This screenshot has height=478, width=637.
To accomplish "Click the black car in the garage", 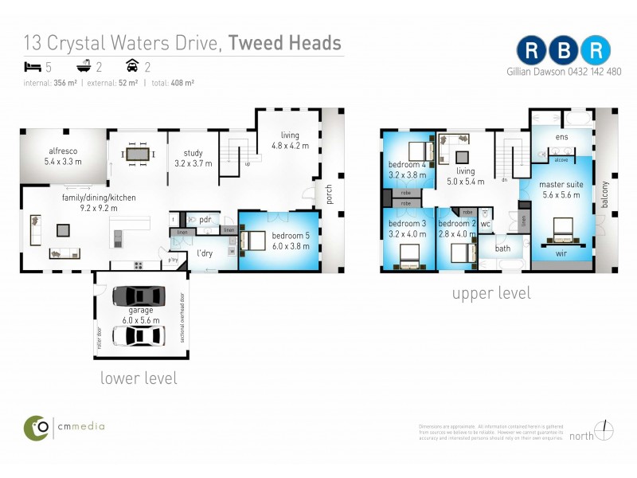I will [139, 296].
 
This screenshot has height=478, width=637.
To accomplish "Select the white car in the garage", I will [139, 336].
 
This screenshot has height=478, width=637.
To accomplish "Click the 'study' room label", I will [193, 155].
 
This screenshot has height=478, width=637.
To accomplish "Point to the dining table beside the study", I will [138, 152].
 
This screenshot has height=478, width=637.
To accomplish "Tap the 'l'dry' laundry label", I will [205, 254].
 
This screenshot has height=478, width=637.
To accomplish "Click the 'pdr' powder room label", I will [205, 219].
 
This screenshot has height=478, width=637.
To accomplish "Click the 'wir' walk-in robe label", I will [561, 254].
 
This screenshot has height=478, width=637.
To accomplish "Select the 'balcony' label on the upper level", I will [604, 194].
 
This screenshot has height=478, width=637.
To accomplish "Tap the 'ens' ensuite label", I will [561, 138].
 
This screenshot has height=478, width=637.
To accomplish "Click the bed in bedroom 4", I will [416, 150].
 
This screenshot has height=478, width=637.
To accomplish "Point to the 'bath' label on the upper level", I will [502, 249].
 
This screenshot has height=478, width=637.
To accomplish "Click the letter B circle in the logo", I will [565, 50].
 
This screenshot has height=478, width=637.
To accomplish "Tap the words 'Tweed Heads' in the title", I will [285, 43].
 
